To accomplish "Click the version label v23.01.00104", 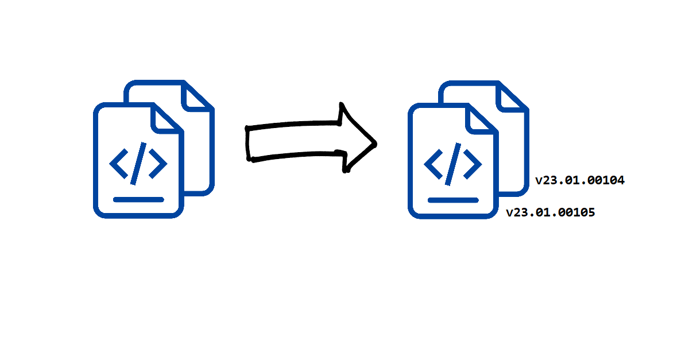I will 580,180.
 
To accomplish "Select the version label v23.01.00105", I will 550,213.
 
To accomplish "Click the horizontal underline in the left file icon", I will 138,199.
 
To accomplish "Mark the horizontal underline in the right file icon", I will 453,200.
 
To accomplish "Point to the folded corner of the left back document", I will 197,96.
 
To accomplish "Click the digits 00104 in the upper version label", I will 606,180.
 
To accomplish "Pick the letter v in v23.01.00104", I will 539,181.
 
